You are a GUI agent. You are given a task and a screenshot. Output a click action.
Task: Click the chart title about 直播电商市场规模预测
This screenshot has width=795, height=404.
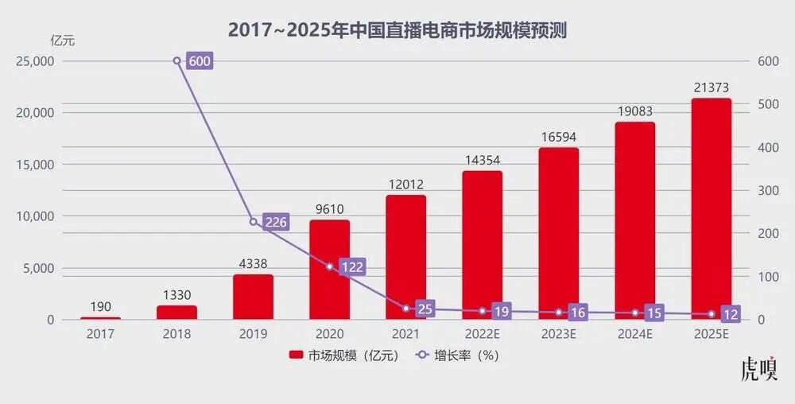click(397, 29)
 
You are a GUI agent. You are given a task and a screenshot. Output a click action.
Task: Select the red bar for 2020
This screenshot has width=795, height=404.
click(329, 270)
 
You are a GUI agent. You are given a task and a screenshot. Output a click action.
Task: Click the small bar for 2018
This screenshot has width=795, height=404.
click(176, 312)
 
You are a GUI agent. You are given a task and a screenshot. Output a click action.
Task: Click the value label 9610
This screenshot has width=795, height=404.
click(329, 209)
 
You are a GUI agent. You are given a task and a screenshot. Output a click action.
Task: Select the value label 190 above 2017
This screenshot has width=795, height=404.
click(100, 306)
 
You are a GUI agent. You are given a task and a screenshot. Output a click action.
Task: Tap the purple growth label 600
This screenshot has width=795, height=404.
click(200, 61)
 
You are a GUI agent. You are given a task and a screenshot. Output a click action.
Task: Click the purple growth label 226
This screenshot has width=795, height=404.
click(275, 222)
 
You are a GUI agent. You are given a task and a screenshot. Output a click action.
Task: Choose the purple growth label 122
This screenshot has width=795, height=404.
click(351, 267)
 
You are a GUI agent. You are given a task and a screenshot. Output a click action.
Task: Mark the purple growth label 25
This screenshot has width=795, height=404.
click(425, 309)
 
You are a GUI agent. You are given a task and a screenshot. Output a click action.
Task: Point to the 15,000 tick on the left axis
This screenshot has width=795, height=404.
click(36, 165)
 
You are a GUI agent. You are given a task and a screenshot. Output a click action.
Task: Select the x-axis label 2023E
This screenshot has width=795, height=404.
click(558, 334)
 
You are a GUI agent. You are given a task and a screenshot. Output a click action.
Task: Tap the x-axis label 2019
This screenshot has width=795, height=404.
click(253, 334)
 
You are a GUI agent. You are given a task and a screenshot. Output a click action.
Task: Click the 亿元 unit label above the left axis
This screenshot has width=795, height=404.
click(61, 41)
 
